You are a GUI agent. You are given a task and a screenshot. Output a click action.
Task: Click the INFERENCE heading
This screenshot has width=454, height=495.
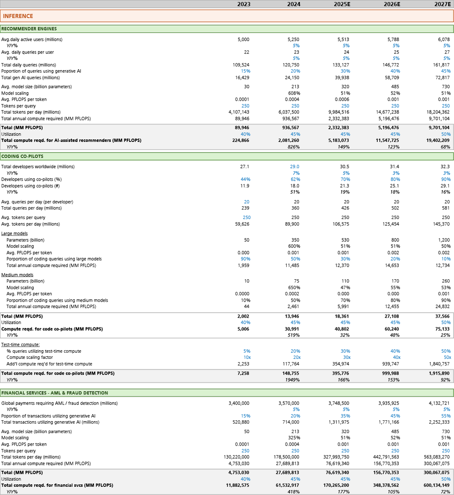(18, 16)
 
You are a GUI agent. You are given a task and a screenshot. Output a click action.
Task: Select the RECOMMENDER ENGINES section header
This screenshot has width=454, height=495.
(29, 29)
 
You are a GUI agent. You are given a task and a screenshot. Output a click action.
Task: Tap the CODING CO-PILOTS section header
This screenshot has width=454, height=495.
(22, 156)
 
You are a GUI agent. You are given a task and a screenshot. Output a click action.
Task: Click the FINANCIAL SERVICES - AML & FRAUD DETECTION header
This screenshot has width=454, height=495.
(54, 393)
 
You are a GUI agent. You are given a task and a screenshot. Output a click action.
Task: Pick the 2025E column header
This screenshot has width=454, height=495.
(342, 4)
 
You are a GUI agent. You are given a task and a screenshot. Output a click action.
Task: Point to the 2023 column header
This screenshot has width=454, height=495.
(244, 4)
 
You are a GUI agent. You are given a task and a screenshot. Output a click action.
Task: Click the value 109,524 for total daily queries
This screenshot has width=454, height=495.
(241, 65)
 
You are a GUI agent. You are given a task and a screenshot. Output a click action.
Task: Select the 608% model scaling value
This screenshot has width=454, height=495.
(294, 93)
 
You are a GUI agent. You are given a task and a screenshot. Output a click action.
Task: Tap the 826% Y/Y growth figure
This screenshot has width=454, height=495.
(294, 147)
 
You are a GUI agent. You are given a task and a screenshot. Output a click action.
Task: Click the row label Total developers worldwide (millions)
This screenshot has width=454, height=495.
(38, 167)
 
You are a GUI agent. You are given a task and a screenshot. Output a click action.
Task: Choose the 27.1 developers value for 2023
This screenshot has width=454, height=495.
(245, 167)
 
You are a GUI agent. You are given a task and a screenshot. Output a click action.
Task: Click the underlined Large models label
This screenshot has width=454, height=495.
(14, 233)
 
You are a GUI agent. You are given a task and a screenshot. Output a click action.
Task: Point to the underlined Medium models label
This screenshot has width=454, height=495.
(17, 275)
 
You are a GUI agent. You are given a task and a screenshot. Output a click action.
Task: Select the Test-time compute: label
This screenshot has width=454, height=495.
(21, 344)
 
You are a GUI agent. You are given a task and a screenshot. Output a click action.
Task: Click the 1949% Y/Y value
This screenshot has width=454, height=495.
(292, 380)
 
